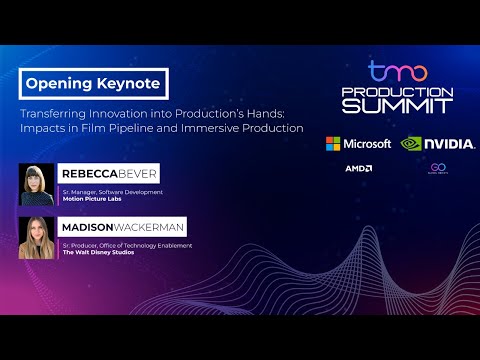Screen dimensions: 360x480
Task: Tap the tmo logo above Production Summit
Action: [x=397, y=72]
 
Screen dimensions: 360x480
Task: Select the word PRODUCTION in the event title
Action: [x=397, y=91]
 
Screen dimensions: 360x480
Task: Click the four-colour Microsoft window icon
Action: [x=332, y=144]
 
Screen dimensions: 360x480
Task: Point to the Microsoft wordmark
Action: [x=367, y=144]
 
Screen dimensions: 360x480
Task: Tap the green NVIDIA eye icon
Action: [x=413, y=143]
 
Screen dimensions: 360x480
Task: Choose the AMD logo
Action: [x=359, y=169]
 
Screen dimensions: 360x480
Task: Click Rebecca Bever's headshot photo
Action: [x=36, y=185]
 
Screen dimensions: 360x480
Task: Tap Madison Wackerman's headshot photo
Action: [x=36, y=238]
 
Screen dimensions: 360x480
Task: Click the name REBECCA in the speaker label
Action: [x=88, y=174]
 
